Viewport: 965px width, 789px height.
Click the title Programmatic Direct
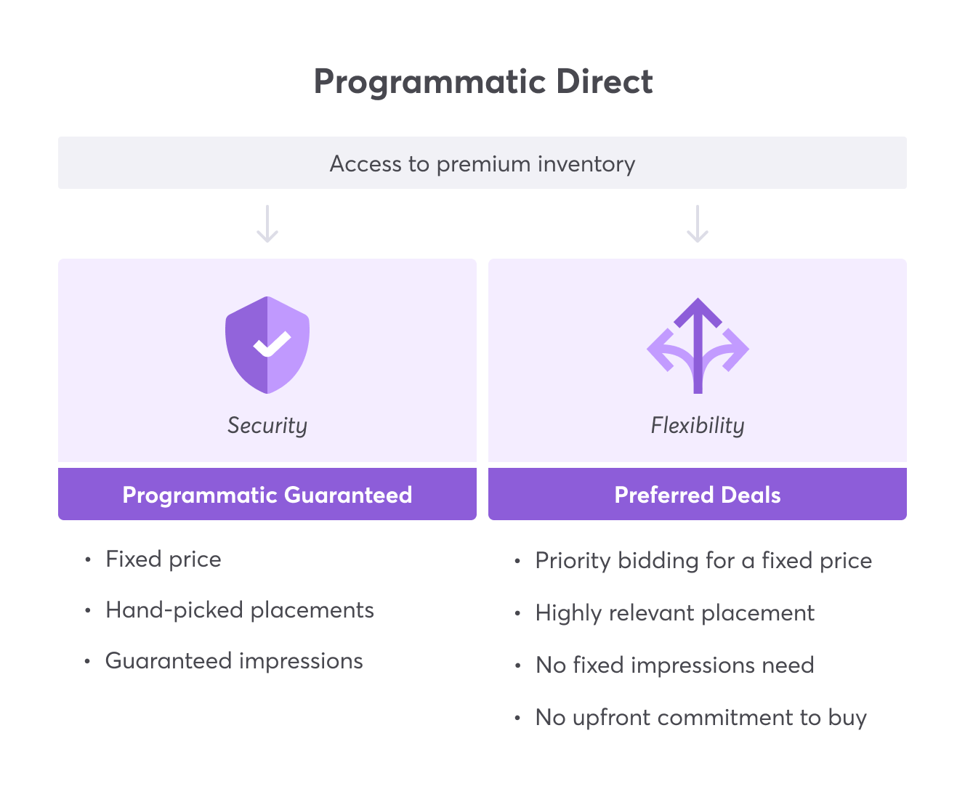pos(482,81)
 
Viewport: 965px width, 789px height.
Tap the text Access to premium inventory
pos(482,163)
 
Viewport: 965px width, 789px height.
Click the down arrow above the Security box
pos(267,224)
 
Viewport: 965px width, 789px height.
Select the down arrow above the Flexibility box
pos(698,224)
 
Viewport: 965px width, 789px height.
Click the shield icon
pos(267,345)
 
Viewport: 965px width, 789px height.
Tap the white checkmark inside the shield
pos(272,344)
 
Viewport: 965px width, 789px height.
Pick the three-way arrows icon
pos(698,347)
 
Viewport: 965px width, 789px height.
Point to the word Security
pos(267,425)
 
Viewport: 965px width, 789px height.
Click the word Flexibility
pos(698,425)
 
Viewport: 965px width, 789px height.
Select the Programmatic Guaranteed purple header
pos(267,495)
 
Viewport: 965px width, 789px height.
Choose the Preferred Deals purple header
pos(698,495)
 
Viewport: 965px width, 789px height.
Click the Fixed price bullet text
pos(163,559)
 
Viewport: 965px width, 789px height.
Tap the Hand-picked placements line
pos(240,610)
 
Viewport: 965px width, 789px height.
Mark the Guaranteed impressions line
pos(234,661)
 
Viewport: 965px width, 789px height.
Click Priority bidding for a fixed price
pos(703,561)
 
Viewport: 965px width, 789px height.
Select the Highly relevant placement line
pos(674,613)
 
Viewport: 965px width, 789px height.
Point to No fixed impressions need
pos(674,665)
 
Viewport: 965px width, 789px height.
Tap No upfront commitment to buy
pos(700,718)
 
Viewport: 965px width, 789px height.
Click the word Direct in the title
pos(605,81)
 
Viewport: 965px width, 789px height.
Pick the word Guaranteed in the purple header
pos(348,495)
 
